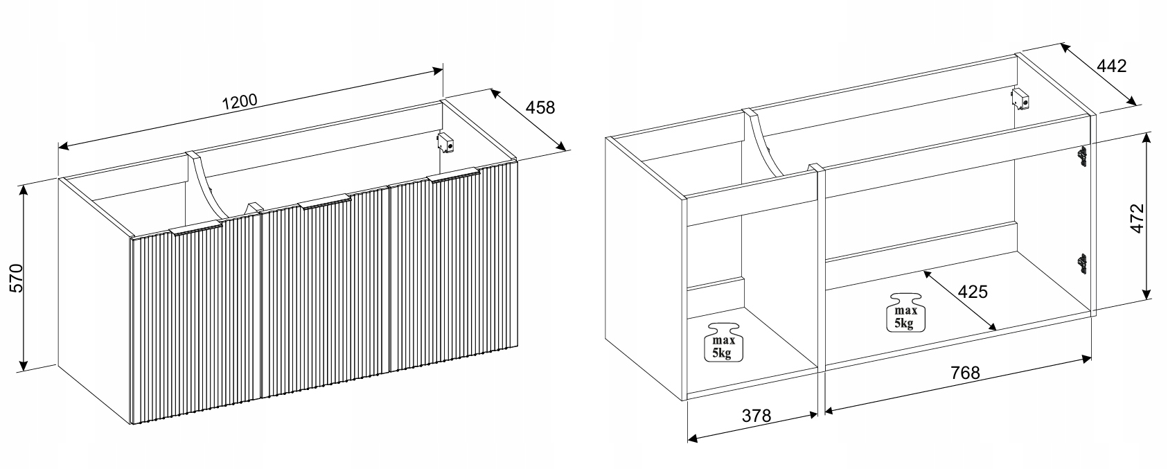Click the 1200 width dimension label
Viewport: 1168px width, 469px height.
pyautogui.click(x=240, y=101)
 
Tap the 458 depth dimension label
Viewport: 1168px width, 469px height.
pyautogui.click(x=540, y=107)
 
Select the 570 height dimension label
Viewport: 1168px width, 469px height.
pyautogui.click(x=17, y=278)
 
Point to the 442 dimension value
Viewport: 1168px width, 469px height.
pyautogui.click(x=1112, y=66)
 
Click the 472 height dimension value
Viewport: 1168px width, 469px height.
pyautogui.click(x=1137, y=218)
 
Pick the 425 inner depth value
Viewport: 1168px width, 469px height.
pyautogui.click(x=973, y=291)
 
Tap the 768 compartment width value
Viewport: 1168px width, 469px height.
pyautogui.click(x=965, y=373)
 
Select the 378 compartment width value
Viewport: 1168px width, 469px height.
pyautogui.click(x=756, y=415)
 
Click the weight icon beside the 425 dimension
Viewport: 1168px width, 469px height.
pyautogui.click(x=905, y=312)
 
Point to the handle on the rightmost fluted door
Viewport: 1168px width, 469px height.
pyautogui.click(x=454, y=175)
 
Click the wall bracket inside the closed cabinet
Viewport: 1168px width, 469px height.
pyautogui.click(x=445, y=143)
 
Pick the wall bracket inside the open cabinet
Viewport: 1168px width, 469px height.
pyautogui.click(x=1020, y=98)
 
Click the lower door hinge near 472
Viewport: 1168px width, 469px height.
pyautogui.click(x=1082, y=263)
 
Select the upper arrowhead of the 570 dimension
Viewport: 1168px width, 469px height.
pyautogui.click(x=22, y=190)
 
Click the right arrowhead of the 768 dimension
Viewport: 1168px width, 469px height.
pyautogui.click(x=1087, y=358)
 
